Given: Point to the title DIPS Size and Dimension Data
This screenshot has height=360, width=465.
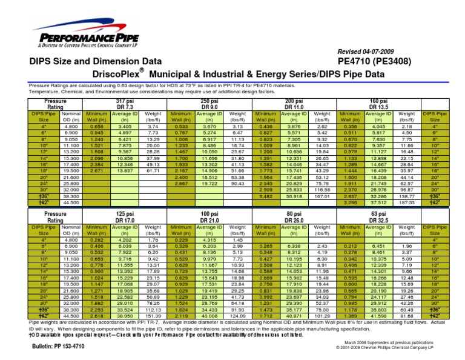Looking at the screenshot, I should (x=96, y=61).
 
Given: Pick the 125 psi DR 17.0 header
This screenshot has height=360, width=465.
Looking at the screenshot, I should (x=125, y=218).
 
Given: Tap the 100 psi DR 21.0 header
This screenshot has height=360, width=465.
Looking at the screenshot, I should (x=209, y=218).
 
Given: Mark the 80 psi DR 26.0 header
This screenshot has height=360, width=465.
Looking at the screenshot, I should (x=294, y=218).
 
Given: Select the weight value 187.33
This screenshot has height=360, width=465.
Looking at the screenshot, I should (x=409, y=203).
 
